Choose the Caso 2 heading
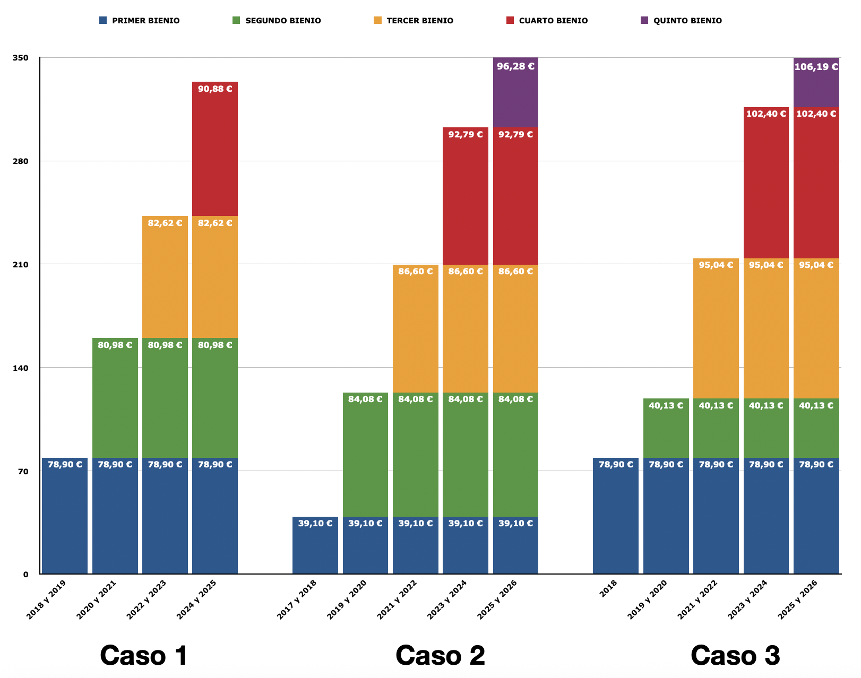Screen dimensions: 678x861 440,655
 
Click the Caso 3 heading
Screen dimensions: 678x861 735,655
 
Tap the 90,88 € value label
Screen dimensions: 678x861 215,89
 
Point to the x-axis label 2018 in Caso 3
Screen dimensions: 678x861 608,589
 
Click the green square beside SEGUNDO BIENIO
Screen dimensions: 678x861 236,21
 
